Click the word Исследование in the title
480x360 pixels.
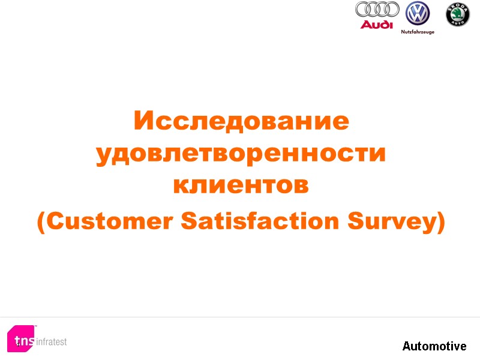241,121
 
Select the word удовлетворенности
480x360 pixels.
241,154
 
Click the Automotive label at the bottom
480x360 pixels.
434,346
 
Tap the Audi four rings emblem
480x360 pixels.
377,9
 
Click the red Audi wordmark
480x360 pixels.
377,25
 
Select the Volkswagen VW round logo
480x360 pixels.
418,13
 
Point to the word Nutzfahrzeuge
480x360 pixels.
418,32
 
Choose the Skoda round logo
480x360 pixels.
458,14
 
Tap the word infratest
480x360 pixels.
52,342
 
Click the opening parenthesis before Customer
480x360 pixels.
41,223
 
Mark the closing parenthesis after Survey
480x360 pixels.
440,223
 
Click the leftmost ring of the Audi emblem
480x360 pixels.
364,9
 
